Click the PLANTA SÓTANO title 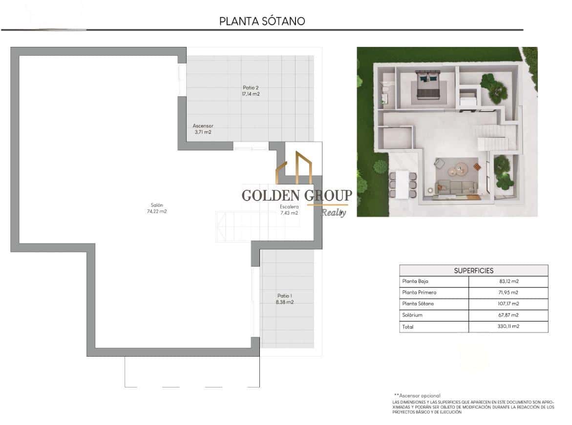tap(262, 21)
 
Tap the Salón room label tap(157, 205)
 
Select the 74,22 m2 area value tap(157, 211)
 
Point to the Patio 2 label tap(251, 88)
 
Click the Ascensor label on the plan tap(203, 126)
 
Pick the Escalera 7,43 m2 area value tap(289, 213)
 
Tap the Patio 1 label tap(285, 296)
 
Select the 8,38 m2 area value tap(285, 302)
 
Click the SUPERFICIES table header tap(473, 270)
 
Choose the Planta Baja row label tap(415, 282)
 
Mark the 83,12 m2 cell tap(508, 282)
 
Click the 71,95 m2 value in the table tap(508, 293)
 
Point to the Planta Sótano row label tap(418, 304)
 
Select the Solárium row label tap(412, 315)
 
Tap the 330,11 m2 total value tap(508, 326)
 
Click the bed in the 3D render tap(428, 86)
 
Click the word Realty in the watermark tap(334, 212)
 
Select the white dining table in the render tap(402, 184)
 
